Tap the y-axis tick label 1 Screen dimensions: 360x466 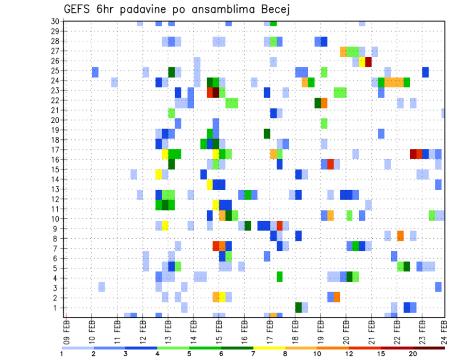(x=56, y=308)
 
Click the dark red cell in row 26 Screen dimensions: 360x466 (x=368, y=62)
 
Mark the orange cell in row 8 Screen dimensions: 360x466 (x=400, y=236)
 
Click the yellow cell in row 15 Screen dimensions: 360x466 (x=159, y=174)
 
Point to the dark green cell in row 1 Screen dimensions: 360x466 (x=299, y=308)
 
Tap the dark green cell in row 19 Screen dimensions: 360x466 (x=267, y=133)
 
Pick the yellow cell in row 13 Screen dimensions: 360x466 (x=210, y=184)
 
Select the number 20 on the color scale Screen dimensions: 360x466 (x=413, y=353)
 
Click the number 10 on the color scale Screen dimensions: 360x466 (x=318, y=353)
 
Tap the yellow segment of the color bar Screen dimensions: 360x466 (x=269, y=347)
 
